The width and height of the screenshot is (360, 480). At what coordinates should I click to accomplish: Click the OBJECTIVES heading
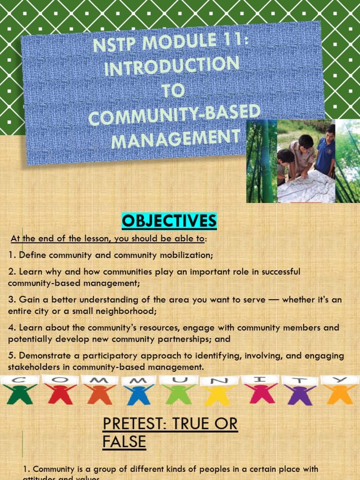point(169,220)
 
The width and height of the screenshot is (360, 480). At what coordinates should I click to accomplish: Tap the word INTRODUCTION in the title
point(172,66)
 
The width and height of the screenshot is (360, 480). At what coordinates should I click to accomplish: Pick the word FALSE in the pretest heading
point(124,442)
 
